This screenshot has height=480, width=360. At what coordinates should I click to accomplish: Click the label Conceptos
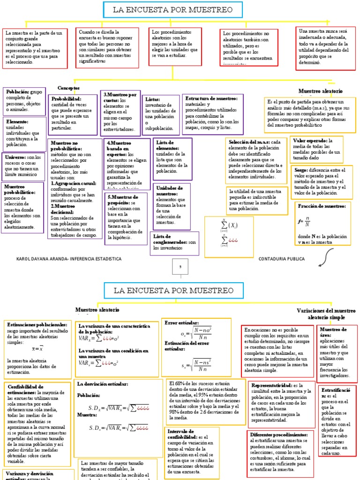68,88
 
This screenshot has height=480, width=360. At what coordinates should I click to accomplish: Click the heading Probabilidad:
67,99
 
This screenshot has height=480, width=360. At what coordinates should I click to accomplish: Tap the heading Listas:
153,99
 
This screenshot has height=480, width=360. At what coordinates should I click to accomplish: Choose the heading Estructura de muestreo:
211,98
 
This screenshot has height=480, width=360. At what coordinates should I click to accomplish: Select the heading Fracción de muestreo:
322,206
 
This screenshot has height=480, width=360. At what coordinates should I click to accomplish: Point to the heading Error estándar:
182,323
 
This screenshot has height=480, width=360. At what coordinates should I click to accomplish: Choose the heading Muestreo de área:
333,332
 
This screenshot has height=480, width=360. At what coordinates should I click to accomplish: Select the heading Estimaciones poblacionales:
37,324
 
